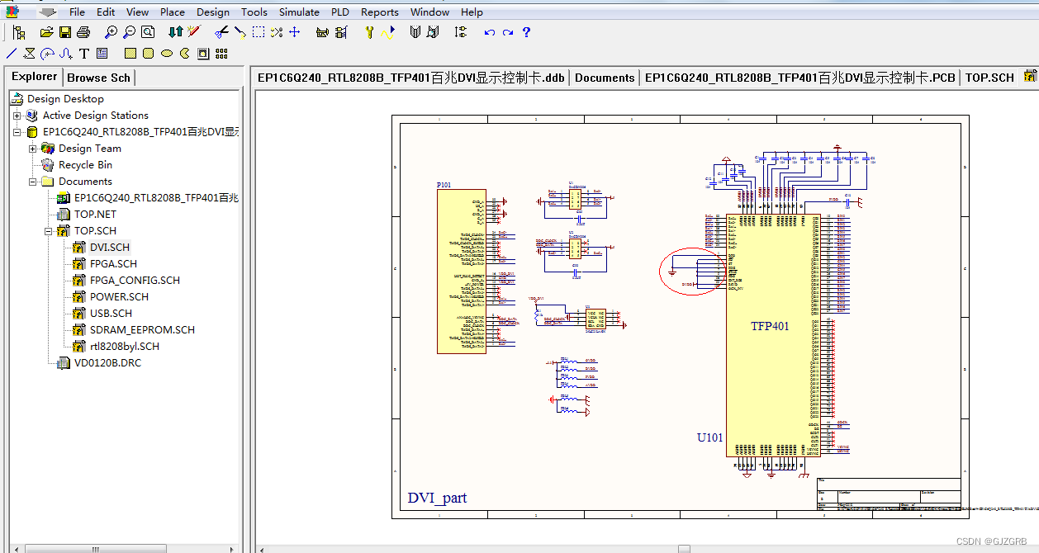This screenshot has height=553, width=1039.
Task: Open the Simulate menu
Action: tap(299, 12)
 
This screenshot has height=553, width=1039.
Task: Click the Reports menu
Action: tap(379, 12)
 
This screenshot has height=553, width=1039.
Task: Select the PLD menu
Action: tap(339, 12)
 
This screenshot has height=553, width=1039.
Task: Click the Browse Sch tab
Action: tap(98, 78)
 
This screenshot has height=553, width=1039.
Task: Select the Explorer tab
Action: tap(34, 77)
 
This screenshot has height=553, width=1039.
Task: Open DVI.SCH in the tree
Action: tap(109, 248)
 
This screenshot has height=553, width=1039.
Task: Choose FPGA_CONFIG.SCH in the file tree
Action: tap(134, 281)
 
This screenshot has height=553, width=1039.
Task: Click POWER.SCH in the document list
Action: tap(119, 297)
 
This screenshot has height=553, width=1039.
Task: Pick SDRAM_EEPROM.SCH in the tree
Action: tap(142, 330)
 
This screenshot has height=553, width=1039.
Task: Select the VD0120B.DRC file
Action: tap(107, 363)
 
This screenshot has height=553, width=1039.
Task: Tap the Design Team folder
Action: tap(89, 149)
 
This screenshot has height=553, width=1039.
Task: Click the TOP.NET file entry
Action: tap(95, 215)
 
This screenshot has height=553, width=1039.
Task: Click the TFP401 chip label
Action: tap(770, 326)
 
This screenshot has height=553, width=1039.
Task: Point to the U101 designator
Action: tap(709, 437)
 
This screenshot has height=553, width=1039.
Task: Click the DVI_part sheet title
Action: tap(437, 498)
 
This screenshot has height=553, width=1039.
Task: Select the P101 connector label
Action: tap(444, 185)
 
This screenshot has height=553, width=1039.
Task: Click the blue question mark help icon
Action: tap(526, 32)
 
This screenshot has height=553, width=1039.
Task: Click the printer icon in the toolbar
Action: tap(83, 32)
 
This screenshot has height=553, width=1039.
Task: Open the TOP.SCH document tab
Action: tap(989, 78)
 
